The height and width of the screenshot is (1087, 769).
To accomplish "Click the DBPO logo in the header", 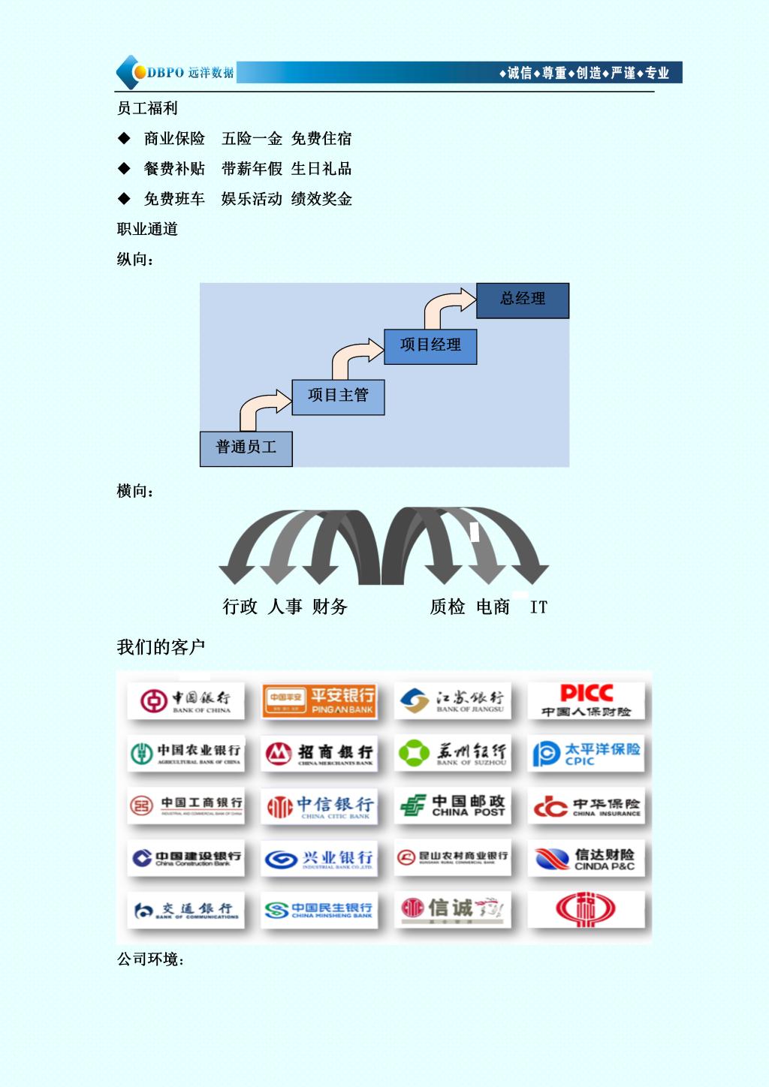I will [174, 73].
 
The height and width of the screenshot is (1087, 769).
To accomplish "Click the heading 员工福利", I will [147, 108].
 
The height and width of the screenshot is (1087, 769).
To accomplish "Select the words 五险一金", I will [252, 139].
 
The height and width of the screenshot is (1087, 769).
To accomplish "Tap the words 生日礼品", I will [321, 169].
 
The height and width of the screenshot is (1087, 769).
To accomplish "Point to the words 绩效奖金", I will [321, 199].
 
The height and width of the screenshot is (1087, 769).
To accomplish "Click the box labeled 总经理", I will [523, 300].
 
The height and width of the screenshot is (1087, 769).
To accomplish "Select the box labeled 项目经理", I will [430, 346].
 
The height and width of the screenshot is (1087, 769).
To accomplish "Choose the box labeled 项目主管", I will [338, 396].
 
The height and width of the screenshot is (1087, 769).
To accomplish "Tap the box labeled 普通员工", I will [246, 448].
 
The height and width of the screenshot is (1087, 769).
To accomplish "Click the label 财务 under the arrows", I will [330, 607].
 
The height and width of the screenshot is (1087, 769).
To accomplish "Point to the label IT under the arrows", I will [538, 607].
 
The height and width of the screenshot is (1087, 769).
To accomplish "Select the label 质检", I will [448, 607].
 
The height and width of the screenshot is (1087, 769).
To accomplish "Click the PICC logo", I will [586, 700].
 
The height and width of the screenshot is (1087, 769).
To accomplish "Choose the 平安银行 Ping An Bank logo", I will [318, 700].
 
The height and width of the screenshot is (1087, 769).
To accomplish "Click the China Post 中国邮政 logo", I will [452, 805].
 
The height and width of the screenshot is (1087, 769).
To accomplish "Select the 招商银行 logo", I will [318, 753].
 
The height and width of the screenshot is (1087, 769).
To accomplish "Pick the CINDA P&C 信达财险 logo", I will [586, 859].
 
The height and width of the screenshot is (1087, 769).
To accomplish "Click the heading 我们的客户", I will [161, 647].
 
